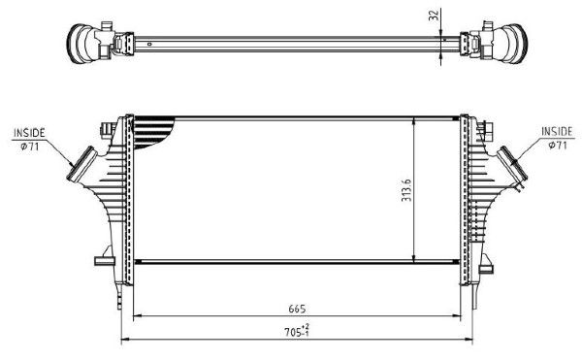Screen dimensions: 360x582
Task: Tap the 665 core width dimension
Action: pyautogui.click(x=295, y=310)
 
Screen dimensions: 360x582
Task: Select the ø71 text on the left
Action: pyautogui.click(x=29, y=146)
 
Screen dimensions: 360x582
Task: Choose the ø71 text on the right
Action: pyautogui.click(x=557, y=145)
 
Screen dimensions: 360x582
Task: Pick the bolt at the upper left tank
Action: pyautogui.click(x=105, y=126)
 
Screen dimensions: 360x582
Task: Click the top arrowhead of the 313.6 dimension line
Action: pyautogui.click(x=415, y=120)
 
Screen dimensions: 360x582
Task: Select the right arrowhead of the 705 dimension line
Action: pyautogui.click(x=469, y=341)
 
